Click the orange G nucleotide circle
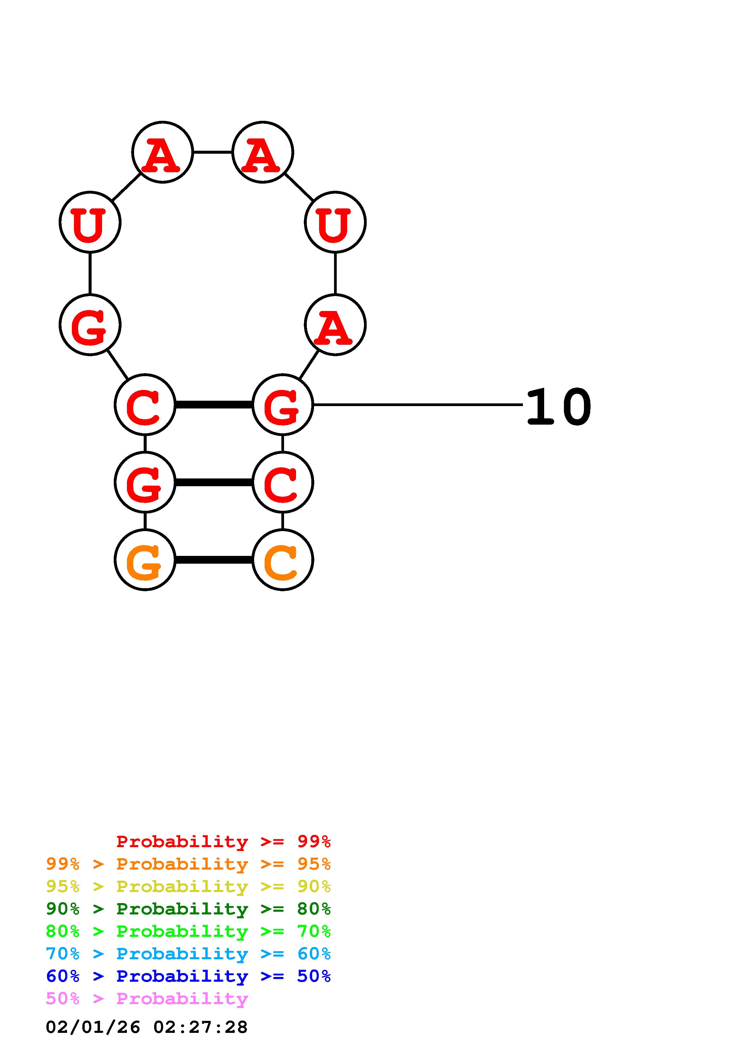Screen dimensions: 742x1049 click(145, 560)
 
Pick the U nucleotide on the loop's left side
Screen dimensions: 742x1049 click(90, 222)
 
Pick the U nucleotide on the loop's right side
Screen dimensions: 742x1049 click(335, 222)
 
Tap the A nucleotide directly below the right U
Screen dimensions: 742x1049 click(335, 324)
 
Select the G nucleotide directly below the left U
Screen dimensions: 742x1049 click(90, 324)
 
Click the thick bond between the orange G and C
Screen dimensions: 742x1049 click(213, 560)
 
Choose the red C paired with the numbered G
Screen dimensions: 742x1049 click(145, 404)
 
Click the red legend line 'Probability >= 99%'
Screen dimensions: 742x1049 click(223, 841)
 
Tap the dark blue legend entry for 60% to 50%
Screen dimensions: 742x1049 click(188, 976)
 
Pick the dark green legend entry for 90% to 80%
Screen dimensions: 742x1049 click(188, 909)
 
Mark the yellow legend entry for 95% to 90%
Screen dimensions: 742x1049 click(188, 886)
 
